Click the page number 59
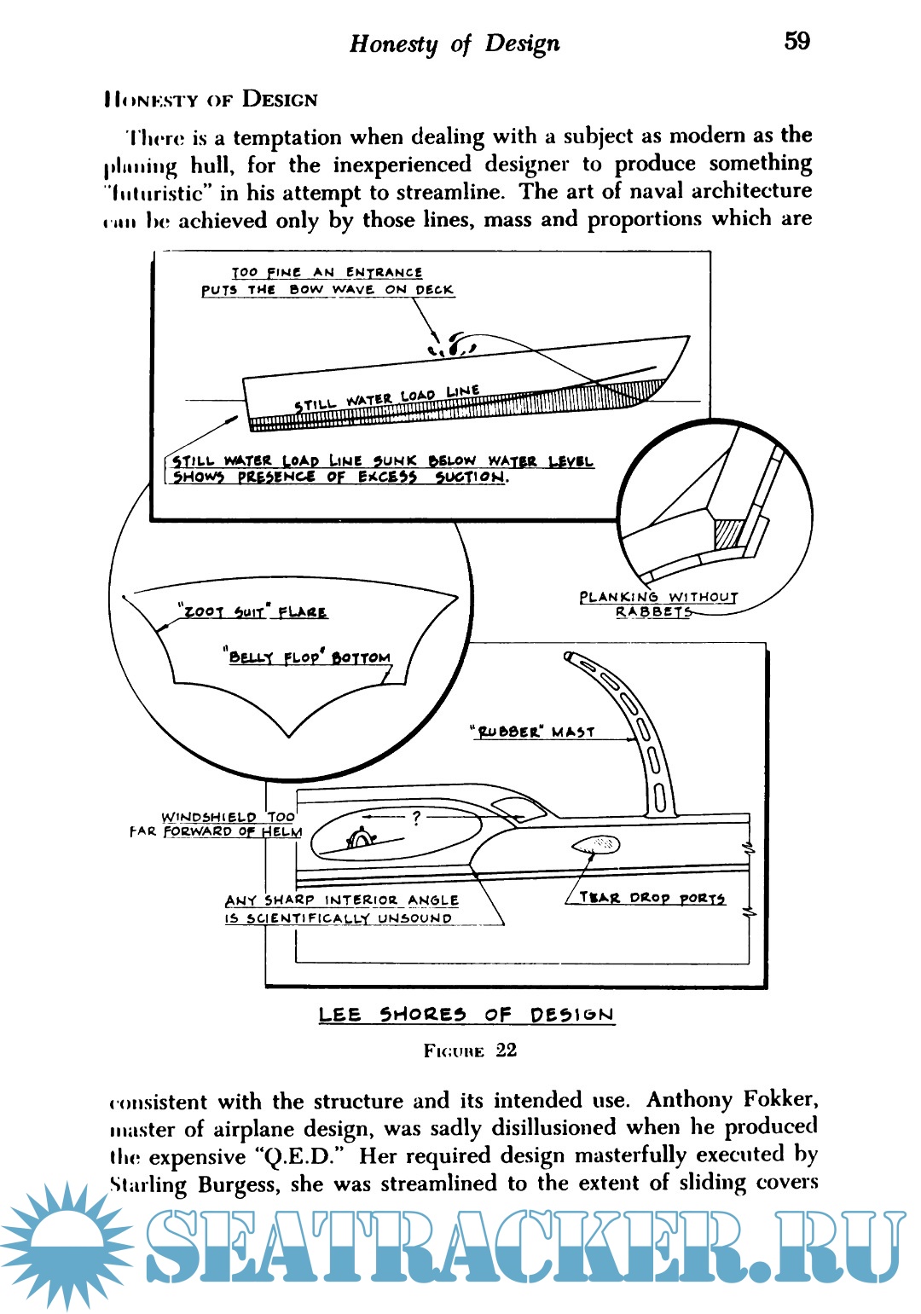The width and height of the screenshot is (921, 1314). coord(796,41)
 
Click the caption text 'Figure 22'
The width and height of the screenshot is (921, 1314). coord(470,1051)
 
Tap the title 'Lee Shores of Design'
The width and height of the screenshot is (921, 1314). coord(466,1015)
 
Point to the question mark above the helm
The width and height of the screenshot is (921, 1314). coord(415,819)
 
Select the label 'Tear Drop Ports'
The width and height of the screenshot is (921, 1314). coord(652,898)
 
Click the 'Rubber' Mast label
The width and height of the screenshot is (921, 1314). coord(533,732)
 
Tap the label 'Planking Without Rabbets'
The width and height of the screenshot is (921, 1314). coord(657,604)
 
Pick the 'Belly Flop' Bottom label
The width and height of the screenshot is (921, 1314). coord(309,657)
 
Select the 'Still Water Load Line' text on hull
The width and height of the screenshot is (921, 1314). coord(387,398)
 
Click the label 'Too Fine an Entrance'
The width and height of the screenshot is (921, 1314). coord(327,273)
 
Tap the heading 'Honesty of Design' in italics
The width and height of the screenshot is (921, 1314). coord(454,43)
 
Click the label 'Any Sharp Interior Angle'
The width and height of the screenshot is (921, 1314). coord(341,900)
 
